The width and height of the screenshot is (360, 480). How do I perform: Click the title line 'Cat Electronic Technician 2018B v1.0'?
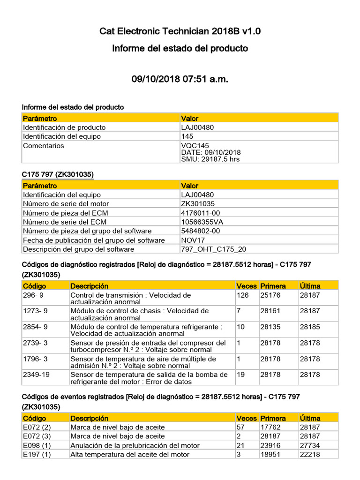pyautogui.click(x=180, y=31)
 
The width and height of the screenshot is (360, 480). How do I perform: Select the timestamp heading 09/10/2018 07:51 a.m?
pyautogui.click(x=180, y=79)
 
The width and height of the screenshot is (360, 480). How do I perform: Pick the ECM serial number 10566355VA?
pyautogui.click(x=202, y=222)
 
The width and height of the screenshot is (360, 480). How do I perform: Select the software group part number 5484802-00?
pyautogui.click(x=201, y=231)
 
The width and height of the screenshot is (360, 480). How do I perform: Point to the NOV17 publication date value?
pyautogui.click(x=193, y=240)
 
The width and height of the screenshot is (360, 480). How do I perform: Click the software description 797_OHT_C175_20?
pyautogui.click(x=213, y=249)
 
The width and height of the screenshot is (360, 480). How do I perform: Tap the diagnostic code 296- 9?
pyautogui.click(x=35, y=295)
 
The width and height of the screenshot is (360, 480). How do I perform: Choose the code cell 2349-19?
pyautogui.click(x=35, y=375)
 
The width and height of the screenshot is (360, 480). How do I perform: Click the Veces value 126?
pyautogui.click(x=243, y=295)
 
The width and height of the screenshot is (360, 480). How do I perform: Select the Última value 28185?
pyautogui.click(x=310, y=327)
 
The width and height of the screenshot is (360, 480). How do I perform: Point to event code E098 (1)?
pyautogui.click(x=37, y=445)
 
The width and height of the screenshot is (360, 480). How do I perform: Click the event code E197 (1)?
pyautogui.click(x=37, y=454)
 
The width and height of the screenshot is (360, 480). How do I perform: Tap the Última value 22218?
pyautogui.click(x=310, y=454)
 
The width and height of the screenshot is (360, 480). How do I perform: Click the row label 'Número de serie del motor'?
pyautogui.click(x=66, y=203)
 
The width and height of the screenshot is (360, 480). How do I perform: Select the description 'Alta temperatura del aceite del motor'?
pyautogui.click(x=130, y=454)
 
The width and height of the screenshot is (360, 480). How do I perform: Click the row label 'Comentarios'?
pyautogui.click(x=44, y=146)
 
